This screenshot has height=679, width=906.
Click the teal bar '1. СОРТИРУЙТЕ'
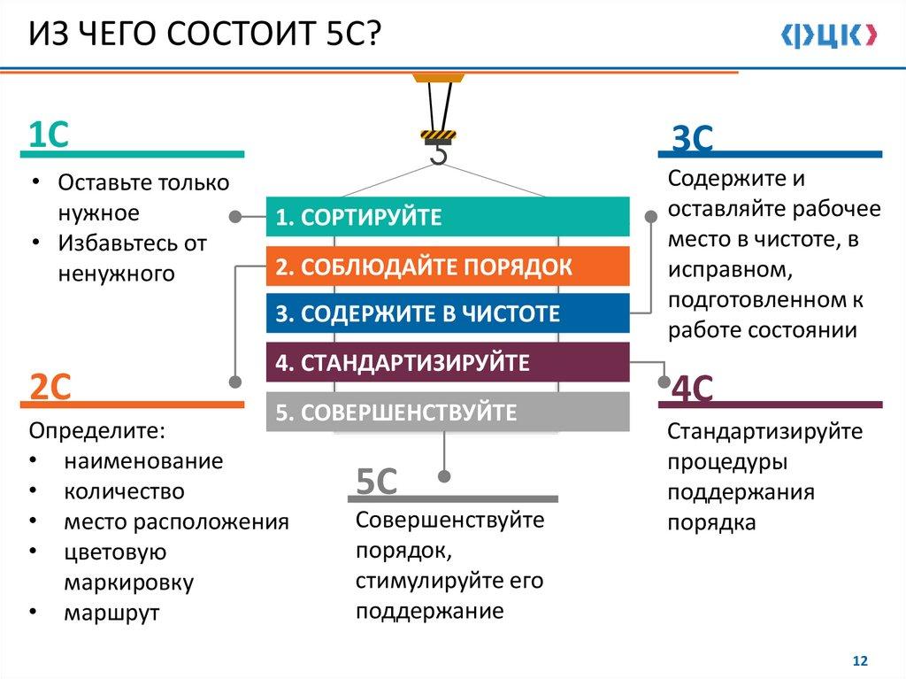pyautogui.click(x=448, y=217)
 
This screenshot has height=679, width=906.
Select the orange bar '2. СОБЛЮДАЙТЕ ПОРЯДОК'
pyautogui.click(x=448, y=266)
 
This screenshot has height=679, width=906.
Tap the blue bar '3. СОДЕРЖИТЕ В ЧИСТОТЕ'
pyautogui.click(x=448, y=313)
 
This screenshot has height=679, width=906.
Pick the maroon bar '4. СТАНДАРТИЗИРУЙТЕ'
pyautogui.click(x=448, y=362)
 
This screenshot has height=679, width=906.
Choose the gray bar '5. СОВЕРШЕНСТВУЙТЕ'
pyautogui.click(x=448, y=412)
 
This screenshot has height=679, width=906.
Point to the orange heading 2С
pyautogui.click(x=50, y=387)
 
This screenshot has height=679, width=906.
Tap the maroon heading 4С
pyautogui.click(x=692, y=390)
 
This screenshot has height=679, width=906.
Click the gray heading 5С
pyautogui.click(x=376, y=482)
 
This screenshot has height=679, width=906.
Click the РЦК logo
pyautogui.click(x=829, y=35)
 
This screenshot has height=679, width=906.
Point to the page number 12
pyautogui.click(x=859, y=661)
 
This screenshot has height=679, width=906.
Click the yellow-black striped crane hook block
pyautogui.click(x=438, y=135)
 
